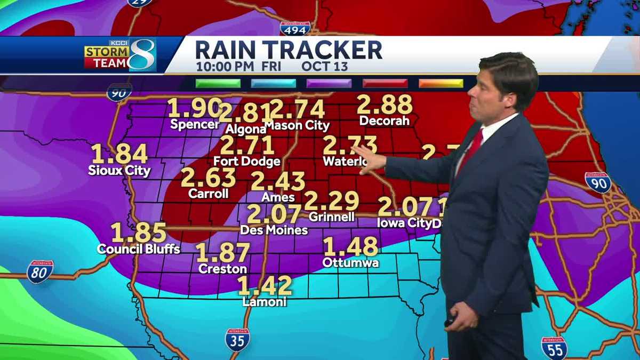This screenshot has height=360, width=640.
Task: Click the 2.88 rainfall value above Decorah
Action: (x=385, y=105)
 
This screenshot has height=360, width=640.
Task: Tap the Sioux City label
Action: (x=119, y=171)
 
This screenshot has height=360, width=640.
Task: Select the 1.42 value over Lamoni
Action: (x=265, y=286)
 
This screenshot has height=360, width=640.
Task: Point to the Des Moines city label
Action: (x=274, y=230)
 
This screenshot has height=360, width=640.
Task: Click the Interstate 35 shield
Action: (x=237, y=340)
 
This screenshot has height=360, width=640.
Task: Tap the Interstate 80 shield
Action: (x=40, y=271)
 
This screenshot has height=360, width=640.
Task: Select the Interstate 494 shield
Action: (x=295, y=29)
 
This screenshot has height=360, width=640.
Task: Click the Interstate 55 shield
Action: (x=554, y=348)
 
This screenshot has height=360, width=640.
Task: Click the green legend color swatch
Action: (x=218, y=83)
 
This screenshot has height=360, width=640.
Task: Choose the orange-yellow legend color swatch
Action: (x=441, y=83)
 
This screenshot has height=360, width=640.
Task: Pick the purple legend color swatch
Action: (x=329, y=83)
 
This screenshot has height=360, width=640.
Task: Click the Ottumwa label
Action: (x=350, y=263)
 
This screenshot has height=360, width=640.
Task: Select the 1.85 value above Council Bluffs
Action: (x=139, y=233)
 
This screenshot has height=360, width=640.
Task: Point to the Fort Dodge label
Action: (x=247, y=161)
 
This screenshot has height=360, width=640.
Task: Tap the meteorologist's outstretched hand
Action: (x=369, y=158)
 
